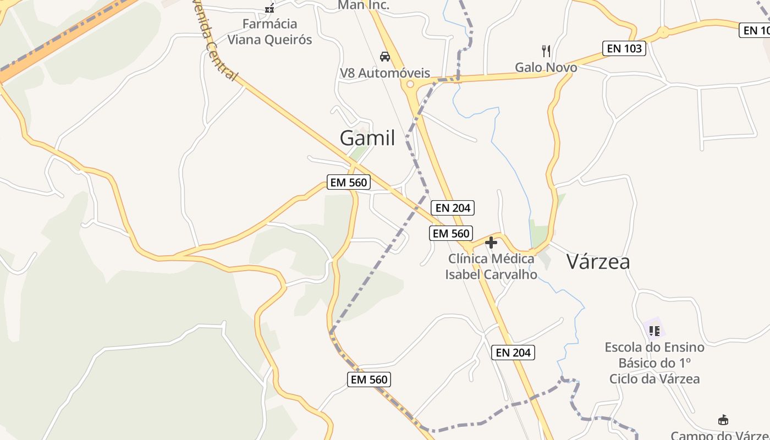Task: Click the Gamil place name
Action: pyautogui.click(x=367, y=137)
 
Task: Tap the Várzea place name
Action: pyautogui.click(x=598, y=262)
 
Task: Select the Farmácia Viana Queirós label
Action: pyautogui.click(x=269, y=32)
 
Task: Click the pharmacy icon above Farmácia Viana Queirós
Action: pyautogui.click(x=269, y=8)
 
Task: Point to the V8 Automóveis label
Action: pyautogui.click(x=385, y=73)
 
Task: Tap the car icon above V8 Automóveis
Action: pyautogui.click(x=385, y=56)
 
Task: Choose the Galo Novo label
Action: pyautogui.click(x=546, y=68)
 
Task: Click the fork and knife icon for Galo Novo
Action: pyautogui.click(x=546, y=51)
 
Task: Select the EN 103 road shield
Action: pyautogui.click(x=624, y=48)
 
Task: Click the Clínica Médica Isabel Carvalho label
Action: pyautogui.click(x=491, y=266)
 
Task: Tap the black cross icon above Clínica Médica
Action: pyautogui.click(x=491, y=243)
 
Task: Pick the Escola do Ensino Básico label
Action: pyautogui.click(x=654, y=362)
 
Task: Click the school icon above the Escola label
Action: pyautogui.click(x=654, y=331)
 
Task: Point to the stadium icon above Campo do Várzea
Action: pyautogui.click(x=723, y=420)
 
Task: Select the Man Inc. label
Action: pyautogui.click(x=363, y=5)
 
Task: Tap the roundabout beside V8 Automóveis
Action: pyautogui.click(x=409, y=84)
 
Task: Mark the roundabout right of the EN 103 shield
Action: pyautogui.click(x=663, y=32)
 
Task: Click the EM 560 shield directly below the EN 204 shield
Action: pyautogui.click(x=451, y=233)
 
